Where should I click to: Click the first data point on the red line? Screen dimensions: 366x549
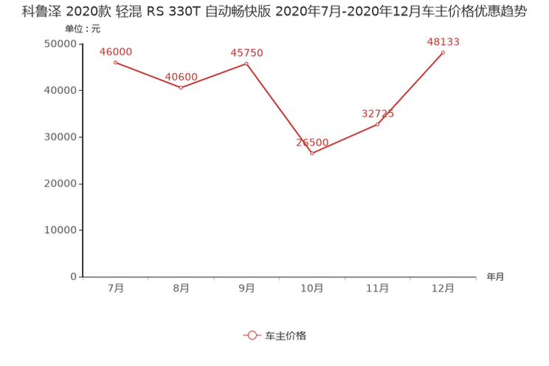116,63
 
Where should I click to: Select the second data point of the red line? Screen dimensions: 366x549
182,87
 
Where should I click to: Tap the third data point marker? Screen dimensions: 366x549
247,63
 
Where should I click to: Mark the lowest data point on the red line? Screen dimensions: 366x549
313,153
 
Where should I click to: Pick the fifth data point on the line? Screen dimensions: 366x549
378,124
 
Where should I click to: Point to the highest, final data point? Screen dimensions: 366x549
443,52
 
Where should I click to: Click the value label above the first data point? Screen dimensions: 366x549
116,51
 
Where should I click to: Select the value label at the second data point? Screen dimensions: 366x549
182,76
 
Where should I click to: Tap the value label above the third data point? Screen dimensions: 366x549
247,52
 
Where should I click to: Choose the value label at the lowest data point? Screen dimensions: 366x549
313,142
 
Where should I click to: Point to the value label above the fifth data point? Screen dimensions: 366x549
378,113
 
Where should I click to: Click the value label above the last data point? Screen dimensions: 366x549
443,42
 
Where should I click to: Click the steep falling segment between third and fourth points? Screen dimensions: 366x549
280,108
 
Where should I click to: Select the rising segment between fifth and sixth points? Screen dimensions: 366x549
411,88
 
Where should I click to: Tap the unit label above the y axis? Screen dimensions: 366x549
82,28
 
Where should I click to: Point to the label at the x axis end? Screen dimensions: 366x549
495,277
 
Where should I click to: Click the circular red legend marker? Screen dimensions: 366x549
252,334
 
